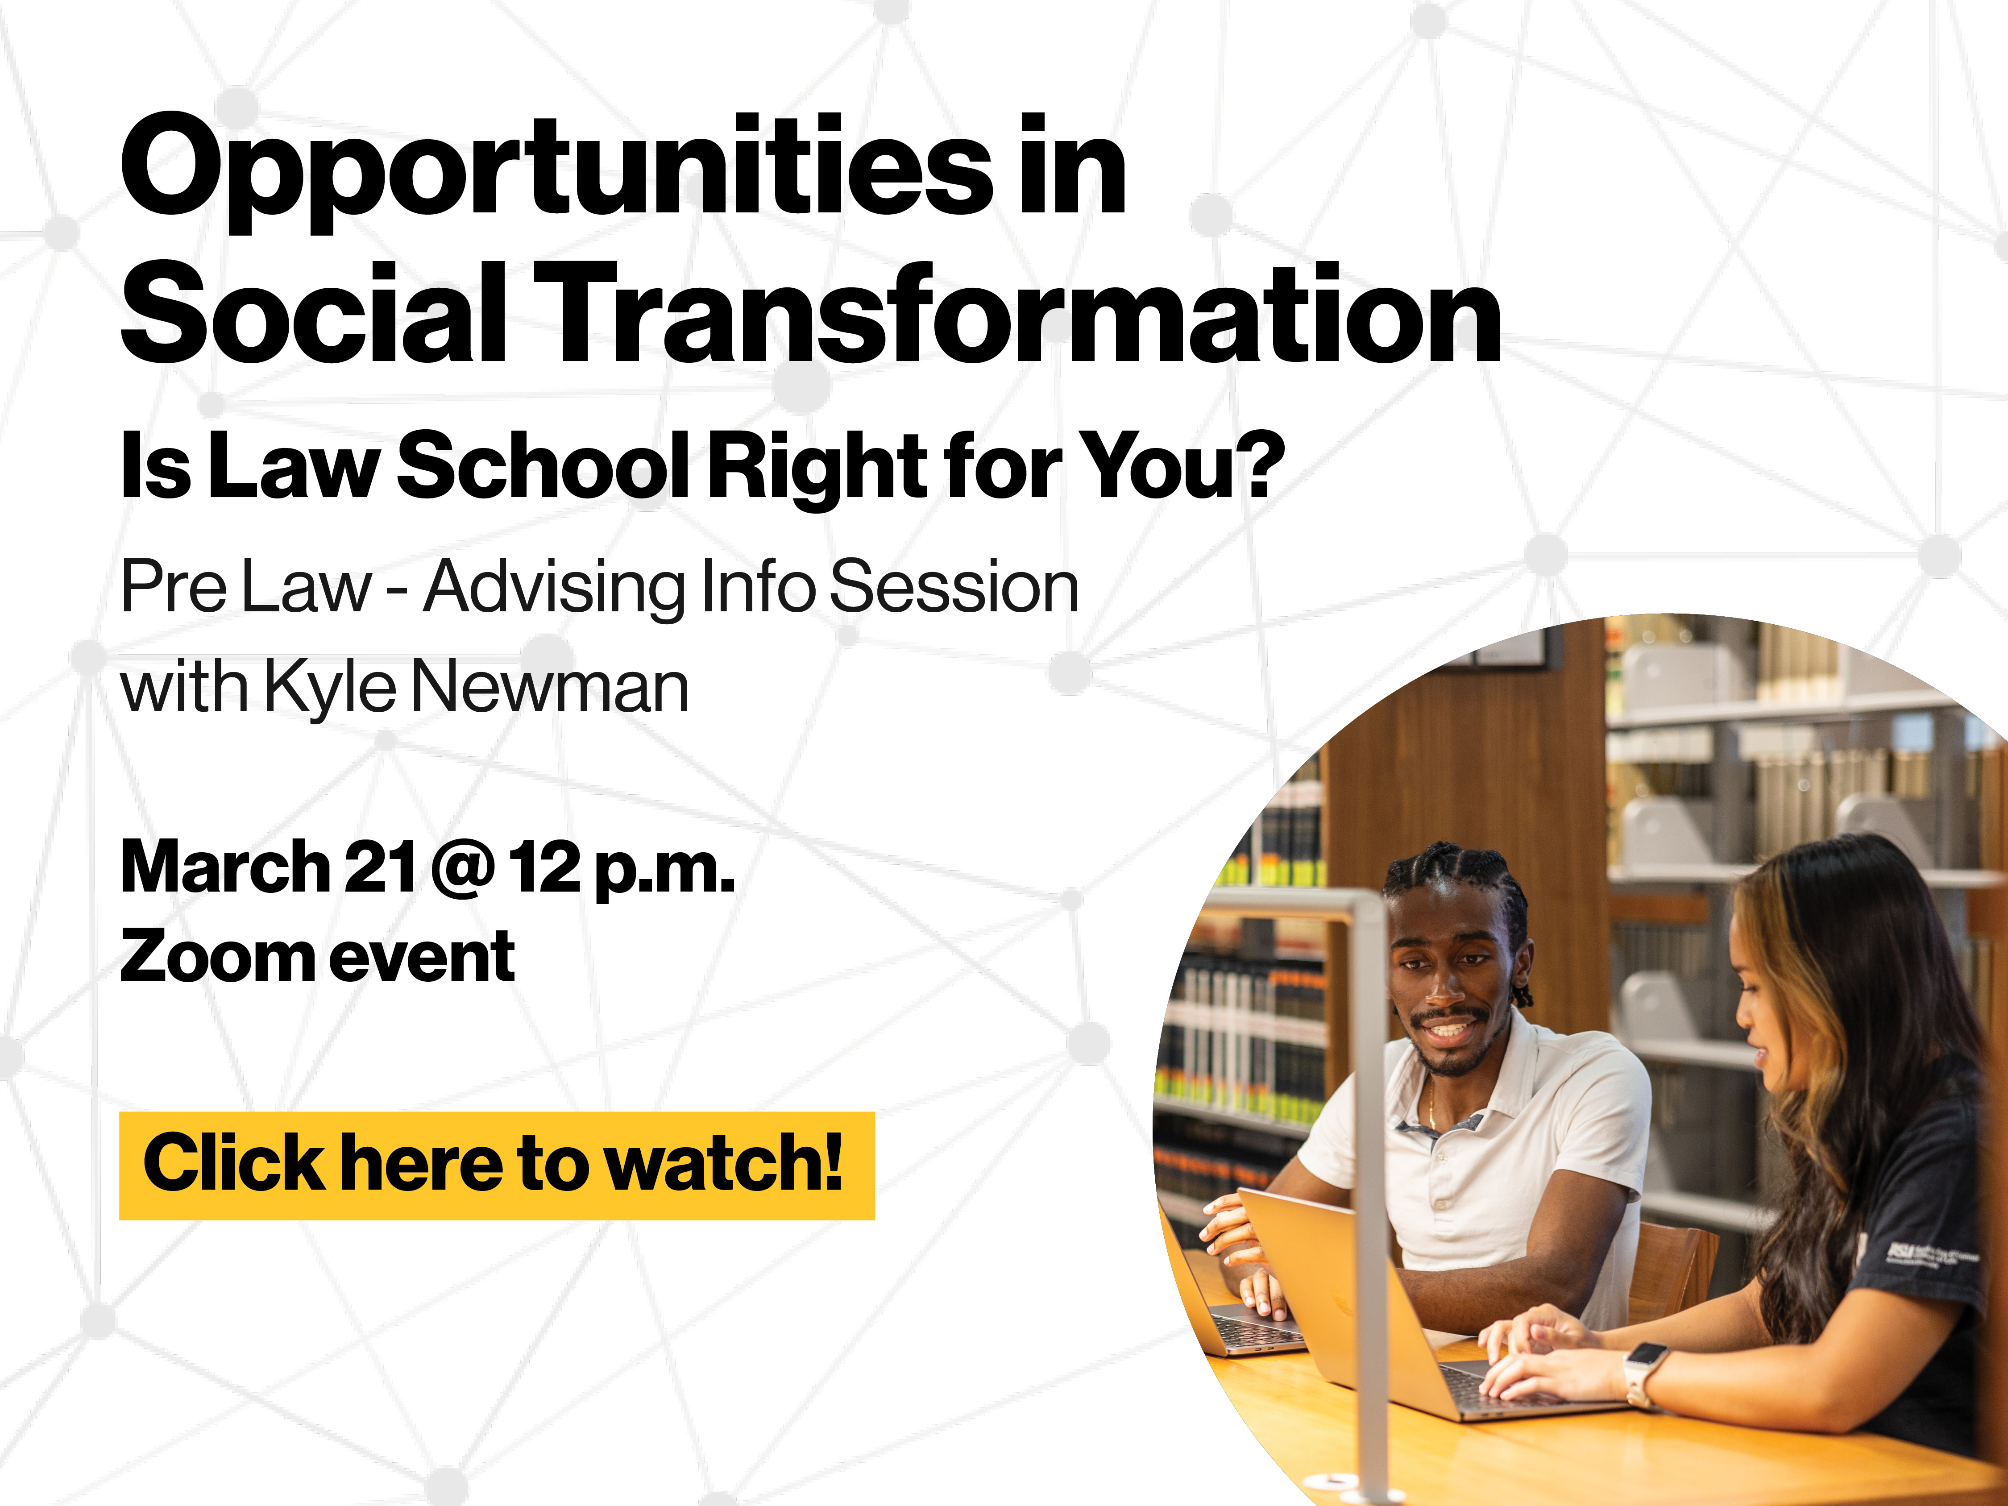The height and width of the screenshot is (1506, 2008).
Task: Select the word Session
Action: tap(954, 587)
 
